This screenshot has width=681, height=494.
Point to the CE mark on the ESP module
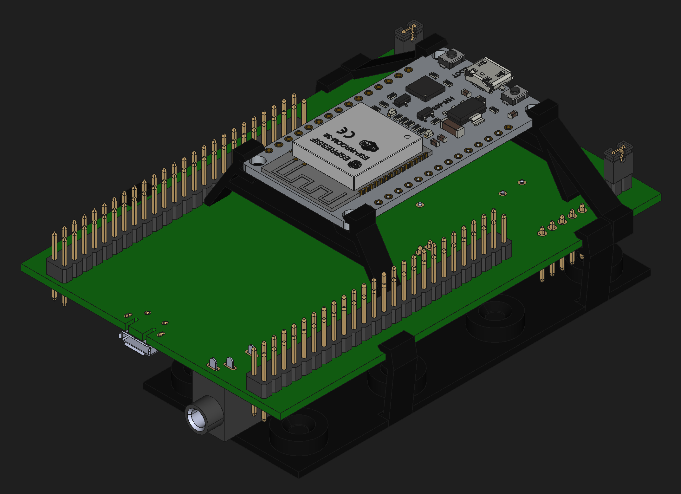[346, 132]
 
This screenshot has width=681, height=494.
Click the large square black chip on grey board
[425, 88]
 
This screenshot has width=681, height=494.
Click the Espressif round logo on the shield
[355, 165]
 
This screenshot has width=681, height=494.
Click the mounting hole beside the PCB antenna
[258, 160]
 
